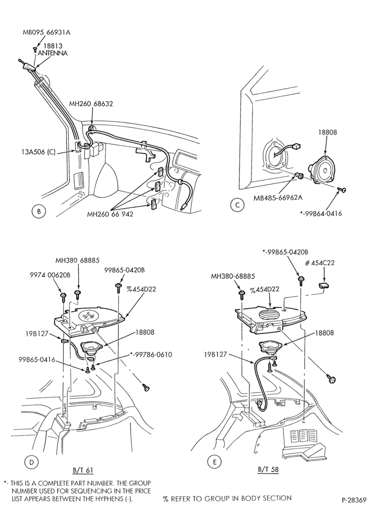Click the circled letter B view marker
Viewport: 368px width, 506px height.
(38, 212)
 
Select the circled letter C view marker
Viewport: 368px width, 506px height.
(238, 205)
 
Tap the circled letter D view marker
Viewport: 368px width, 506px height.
(31, 462)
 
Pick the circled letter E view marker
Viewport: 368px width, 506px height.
(215, 462)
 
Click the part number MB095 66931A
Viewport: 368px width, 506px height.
(47, 32)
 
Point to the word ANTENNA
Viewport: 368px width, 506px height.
(53, 53)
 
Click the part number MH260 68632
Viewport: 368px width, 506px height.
(91, 104)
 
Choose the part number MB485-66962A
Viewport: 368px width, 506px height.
(278, 197)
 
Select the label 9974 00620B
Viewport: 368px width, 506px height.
(50, 275)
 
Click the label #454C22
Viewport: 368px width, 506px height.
(319, 263)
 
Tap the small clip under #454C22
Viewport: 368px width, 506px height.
(324, 285)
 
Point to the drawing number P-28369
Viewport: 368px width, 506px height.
(354, 500)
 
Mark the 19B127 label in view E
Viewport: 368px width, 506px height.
(214, 355)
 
